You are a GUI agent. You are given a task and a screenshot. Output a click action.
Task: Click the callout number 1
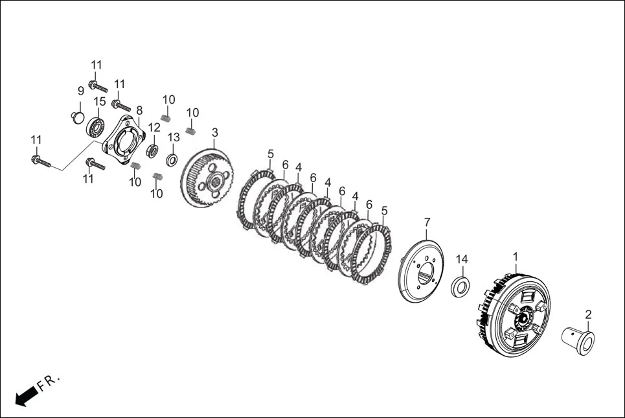pyautogui.click(x=515, y=257)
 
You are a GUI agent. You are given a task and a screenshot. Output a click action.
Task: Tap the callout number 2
pyautogui.click(x=588, y=315)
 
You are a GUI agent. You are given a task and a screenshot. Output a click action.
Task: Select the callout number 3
pyautogui.click(x=215, y=132)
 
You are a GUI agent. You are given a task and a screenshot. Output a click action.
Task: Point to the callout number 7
pyautogui.click(x=427, y=222)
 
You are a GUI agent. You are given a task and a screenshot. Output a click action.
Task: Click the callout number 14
pyautogui.click(x=462, y=259)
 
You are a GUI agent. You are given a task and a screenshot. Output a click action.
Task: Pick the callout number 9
pyautogui.click(x=81, y=91)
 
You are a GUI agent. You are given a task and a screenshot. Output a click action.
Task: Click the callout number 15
pyautogui.click(x=100, y=102)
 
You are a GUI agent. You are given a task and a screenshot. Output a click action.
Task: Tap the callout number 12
pyautogui.click(x=154, y=128)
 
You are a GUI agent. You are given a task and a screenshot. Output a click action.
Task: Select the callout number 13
pyautogui.click(x=174, y=137)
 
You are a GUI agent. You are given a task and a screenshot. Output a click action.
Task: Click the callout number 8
pyautogui.click(x=139, y=110)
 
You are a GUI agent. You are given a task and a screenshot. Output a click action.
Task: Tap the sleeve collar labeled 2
pyautogui.click(x=578, y=341)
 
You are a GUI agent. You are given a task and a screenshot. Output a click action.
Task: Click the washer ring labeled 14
pyautogui.click(x=460, y=287)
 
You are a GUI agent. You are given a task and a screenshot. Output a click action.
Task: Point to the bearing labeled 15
pyautogui.click(x=96, y=128)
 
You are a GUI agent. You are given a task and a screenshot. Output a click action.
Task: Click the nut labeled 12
pyautogui.click(x=153, y=151)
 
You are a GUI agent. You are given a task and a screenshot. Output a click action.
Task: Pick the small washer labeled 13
pyautogui.click(x=172, y=159)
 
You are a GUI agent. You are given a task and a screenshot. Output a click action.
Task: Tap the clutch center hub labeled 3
pyautogui.click(x=208, y=178)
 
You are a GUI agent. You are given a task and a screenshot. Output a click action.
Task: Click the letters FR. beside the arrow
pyautogui.click(x=49, y=382)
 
